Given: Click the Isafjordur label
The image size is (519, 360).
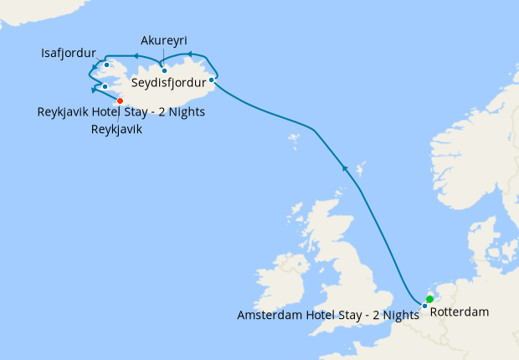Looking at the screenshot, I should click(68, 54).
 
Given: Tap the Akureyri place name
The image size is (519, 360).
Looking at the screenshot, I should click(164, 41).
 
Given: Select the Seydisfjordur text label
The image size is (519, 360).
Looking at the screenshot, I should click(169, 83).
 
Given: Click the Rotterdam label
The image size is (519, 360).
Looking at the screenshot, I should click(459, 313).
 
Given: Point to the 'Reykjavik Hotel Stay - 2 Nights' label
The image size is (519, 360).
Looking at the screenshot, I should click(121, 112).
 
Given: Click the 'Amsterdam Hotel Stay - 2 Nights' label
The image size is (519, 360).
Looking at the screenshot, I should click(327, 315).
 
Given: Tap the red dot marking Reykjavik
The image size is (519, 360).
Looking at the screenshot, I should click(120, 100).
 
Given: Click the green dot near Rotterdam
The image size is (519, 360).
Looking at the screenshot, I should click(429, 299).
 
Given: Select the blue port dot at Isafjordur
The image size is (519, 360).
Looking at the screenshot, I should click(107, 64).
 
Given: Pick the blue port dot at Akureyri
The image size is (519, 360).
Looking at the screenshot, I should click(164, 70).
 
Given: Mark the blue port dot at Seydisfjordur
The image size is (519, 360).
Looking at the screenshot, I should click(211, 80).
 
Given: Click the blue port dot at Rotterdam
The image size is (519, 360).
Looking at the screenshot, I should click(425, 306).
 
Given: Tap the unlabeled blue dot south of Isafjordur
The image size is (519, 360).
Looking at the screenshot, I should click(105, 86).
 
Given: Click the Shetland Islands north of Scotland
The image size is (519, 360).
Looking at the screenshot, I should click(360, 172).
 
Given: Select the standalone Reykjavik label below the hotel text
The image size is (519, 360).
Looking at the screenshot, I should click(116, 130).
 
